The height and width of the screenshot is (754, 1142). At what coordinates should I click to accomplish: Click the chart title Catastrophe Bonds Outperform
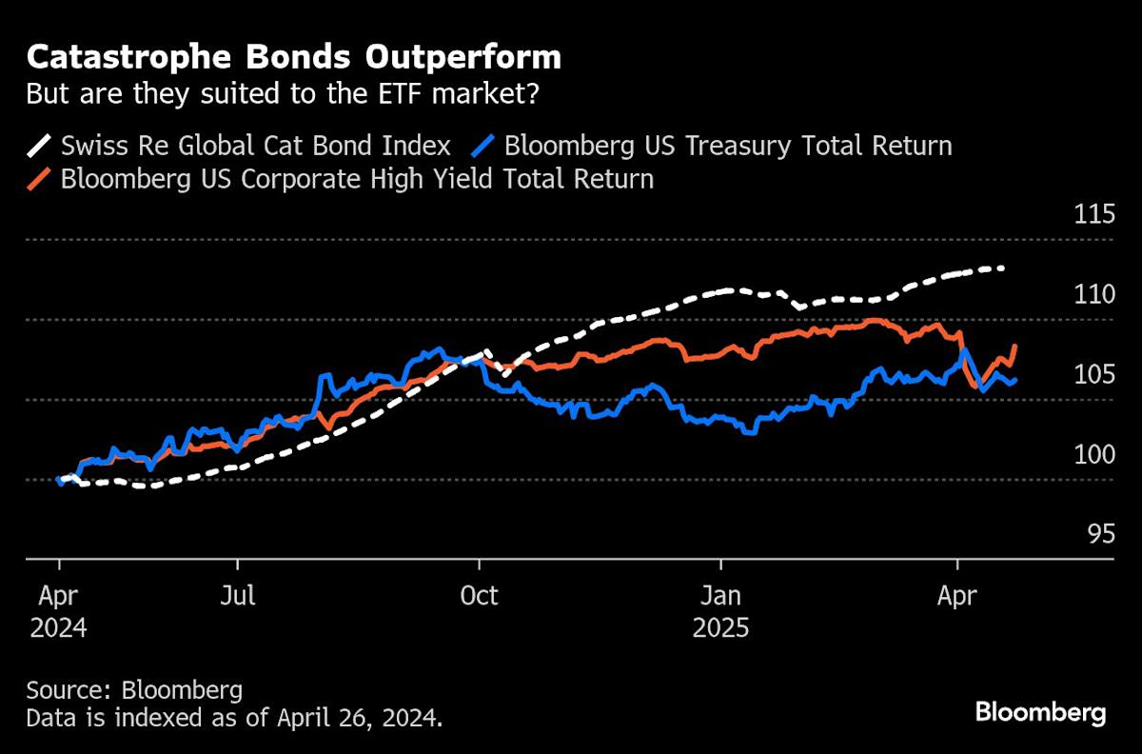pos(293,58)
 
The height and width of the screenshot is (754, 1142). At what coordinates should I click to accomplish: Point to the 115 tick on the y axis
pos(1093,214)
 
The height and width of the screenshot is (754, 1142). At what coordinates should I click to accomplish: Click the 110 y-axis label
pos(1093,294)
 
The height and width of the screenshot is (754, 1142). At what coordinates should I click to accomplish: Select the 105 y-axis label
pos(1093,374)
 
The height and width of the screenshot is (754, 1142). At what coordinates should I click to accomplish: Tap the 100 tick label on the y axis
pos(1093,454)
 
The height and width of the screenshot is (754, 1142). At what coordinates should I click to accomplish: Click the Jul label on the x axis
pos(238,596)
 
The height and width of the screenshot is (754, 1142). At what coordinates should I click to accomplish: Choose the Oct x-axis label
pos(479,596)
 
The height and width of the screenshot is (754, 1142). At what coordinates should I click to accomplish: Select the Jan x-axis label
pos(721,596)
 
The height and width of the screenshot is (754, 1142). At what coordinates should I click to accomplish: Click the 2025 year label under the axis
pos(721,628)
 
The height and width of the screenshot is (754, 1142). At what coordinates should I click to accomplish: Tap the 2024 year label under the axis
pos(58,628)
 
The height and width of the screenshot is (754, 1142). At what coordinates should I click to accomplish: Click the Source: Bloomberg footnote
pos(134,689)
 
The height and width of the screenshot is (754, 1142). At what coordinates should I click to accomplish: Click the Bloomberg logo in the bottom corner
pos(1040,712)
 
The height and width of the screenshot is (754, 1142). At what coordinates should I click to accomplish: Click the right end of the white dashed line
pos(1004,268)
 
